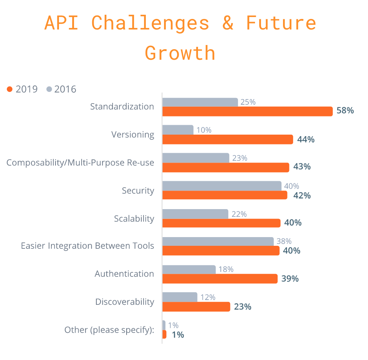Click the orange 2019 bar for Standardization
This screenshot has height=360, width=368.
[247, 111]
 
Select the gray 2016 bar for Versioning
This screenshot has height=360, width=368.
[178, 130]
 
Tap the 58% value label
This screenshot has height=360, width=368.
[345, 111]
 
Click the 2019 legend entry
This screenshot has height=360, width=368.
[23, 89]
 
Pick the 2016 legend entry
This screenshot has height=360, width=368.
[61, 89]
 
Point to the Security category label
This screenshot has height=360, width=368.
[138, 191]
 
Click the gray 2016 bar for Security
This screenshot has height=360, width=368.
[222, 186]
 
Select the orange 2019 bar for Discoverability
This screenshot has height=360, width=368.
[196, 307]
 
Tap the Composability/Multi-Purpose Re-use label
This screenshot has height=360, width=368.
[80, 163]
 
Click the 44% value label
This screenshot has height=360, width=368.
[306, 139]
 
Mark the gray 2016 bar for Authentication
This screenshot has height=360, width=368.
[189, 269]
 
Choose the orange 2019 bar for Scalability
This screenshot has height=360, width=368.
[221, 223]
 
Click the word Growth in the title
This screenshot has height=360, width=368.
[180, 53]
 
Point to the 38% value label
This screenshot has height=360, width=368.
[284, 241]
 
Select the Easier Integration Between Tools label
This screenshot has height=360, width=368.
[87, 246]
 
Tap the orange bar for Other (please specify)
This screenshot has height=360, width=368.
[164, 334]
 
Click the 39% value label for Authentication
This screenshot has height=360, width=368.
[290, 279]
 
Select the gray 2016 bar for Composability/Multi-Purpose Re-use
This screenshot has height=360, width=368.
[196, 158]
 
